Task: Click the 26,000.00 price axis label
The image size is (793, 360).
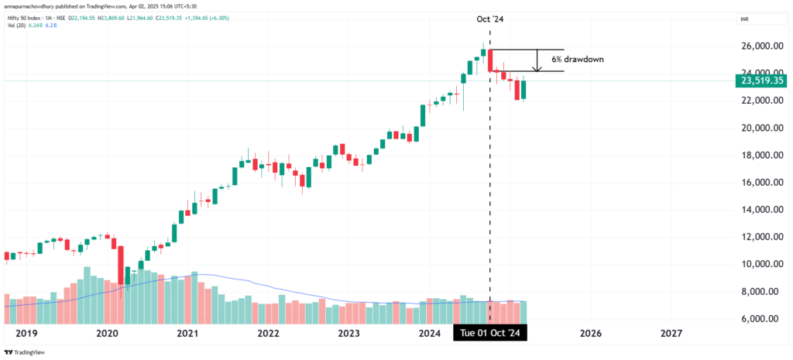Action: pyautogui.click(x=757, y=46)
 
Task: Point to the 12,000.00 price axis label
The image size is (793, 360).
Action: pyautogui.click(x=757, y=237)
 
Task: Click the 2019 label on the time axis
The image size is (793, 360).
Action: pyautogui.click(x=26, y=333)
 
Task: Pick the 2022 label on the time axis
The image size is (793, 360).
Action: pyautogui.click(x=268, y=333)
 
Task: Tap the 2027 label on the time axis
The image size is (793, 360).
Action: pyautogui.click(x=671, y=333)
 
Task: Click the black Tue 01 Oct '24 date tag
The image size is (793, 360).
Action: pyautogui.click(x=489, y=333)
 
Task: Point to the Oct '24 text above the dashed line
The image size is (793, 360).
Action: pyautogui.click(x=489, y=18)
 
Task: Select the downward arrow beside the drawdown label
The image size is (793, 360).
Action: pyautogui.click(x=538, y=61)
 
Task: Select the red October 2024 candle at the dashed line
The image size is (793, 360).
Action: pyautogui.click(x=490, y=61)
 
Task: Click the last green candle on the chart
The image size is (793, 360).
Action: pyautogui.click(x=524, y=90)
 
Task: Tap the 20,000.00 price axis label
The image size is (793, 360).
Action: pyautogui.click(x=757, y=128)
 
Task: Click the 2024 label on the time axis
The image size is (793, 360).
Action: pyautogui.click(x=430, y=333)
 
